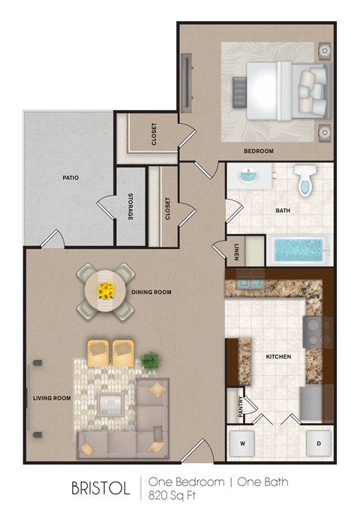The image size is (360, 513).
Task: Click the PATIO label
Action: (71, 178)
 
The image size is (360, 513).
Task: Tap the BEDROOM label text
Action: (259, 151)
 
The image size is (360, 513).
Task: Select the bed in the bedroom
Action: (281, 90)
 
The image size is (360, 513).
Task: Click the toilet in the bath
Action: (304, 180)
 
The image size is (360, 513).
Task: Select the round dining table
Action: (106, 291)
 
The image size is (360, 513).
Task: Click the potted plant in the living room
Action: (148, 361)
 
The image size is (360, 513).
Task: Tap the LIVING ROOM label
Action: (52, 398)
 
